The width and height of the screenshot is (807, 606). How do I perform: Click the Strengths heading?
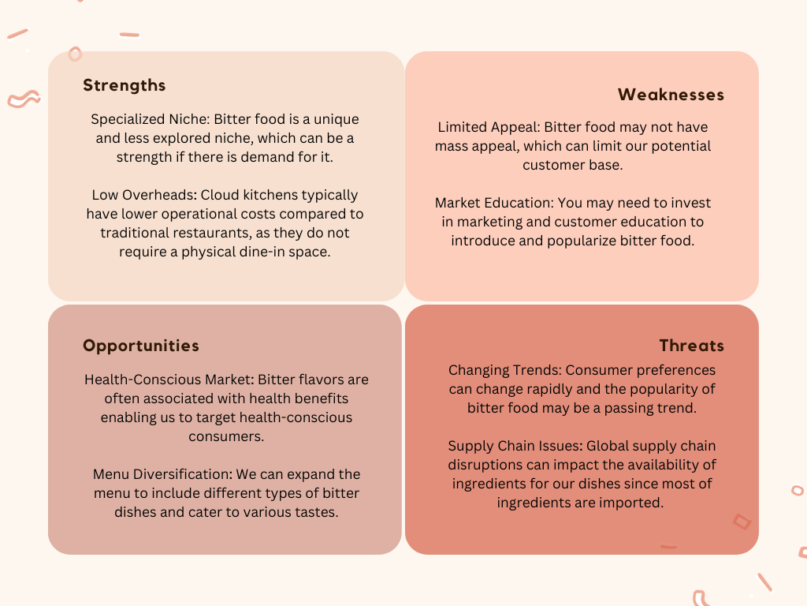point(124,85)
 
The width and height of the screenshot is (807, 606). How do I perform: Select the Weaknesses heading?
point(671,95)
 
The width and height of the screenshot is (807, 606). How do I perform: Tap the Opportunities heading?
point(141,346)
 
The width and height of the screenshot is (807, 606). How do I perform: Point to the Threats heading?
point(692,346)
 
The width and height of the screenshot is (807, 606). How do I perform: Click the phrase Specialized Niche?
point(149,120)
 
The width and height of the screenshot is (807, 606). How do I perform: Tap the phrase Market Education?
point(493,203)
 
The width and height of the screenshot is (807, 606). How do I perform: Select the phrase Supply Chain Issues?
point(515,446)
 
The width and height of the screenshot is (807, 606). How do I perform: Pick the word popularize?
point(582,241)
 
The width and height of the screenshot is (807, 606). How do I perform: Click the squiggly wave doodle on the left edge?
point(24,99)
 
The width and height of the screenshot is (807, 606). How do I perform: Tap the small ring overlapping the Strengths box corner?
point(75,54)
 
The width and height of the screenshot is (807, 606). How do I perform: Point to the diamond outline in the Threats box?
point(742,522)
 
